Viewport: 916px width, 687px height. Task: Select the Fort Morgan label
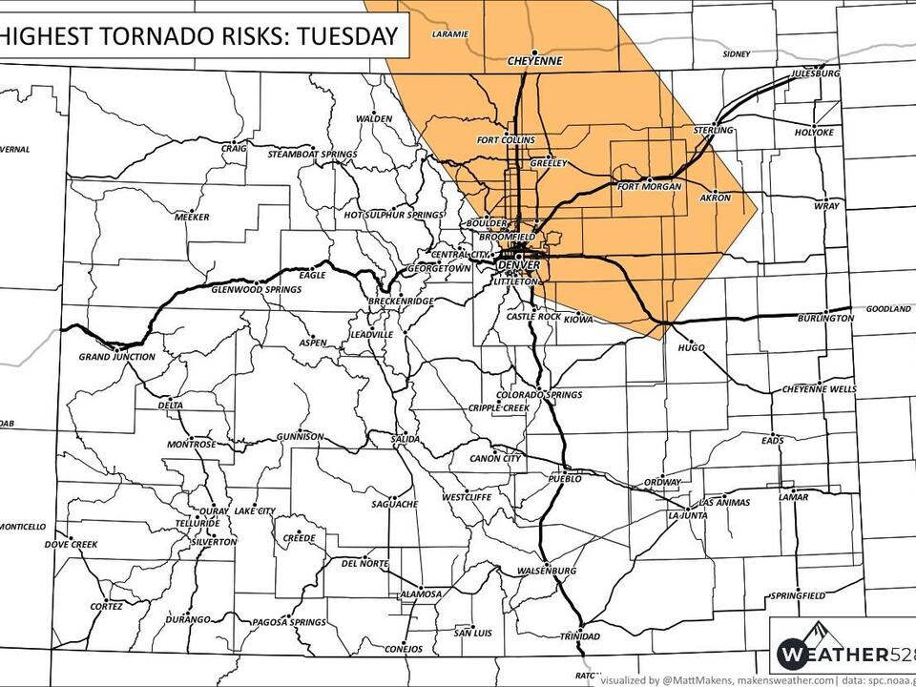click(x=650, y=186)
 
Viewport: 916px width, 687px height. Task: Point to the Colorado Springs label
click(x=539, y=394)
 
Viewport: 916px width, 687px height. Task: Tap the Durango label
click(x=188, y=619)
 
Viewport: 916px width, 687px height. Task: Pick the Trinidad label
click(x=579, y=635)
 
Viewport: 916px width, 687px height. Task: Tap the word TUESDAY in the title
click(x=345, y=37)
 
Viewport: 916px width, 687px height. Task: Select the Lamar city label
click(x=792, y=497)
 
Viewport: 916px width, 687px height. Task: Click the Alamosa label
click(x=421, y=593)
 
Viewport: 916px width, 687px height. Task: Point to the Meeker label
click(x=192, y=217)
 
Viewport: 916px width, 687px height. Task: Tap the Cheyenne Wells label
click(x=819, y=388)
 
